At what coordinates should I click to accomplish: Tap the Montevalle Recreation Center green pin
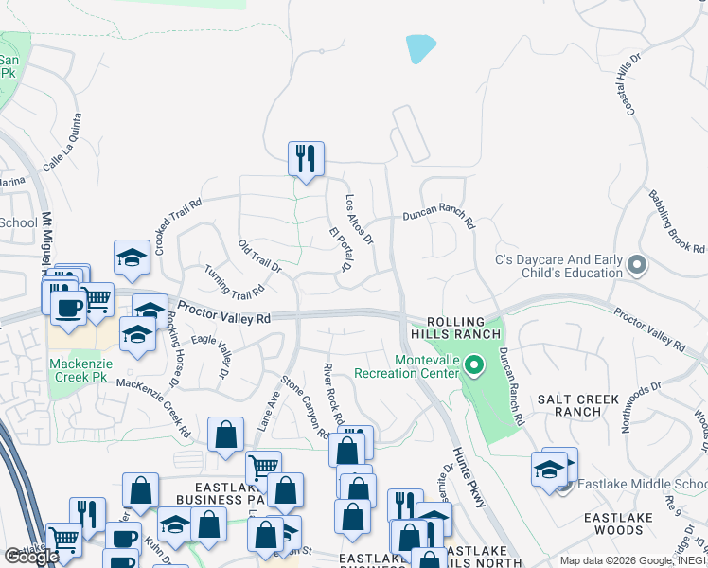pos(477,364)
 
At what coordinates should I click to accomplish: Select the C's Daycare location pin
pos(636,266)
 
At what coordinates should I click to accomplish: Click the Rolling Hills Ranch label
pos(450,328)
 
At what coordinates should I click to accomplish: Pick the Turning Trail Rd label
pos(234,281)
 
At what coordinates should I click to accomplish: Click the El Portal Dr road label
pos(340,249)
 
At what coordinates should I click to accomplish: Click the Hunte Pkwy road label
pos(469,477)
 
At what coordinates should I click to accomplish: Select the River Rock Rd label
pos(333,394)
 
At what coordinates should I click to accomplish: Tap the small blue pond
pos(420,48)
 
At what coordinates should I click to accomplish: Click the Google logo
pos(31,557)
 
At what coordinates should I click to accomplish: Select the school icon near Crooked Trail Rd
pos(133,257)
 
